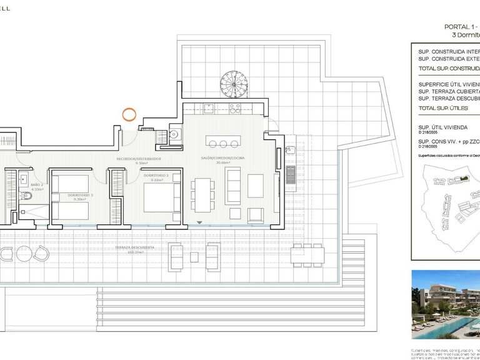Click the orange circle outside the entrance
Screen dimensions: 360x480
tap(129, 114)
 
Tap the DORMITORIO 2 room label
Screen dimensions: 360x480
tap(156, 176)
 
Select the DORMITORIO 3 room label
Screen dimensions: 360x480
tap(80, 195)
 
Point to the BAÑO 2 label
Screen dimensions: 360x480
tap(37, 185)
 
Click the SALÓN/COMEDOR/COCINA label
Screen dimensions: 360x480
tap(223, 158)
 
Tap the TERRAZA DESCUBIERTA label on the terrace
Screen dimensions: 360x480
tap(134, 247)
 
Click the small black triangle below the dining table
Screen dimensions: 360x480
tap(199, 222)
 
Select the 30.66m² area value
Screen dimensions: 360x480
tap(223, 164)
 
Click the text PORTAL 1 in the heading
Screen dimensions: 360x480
tap(459, 27)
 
